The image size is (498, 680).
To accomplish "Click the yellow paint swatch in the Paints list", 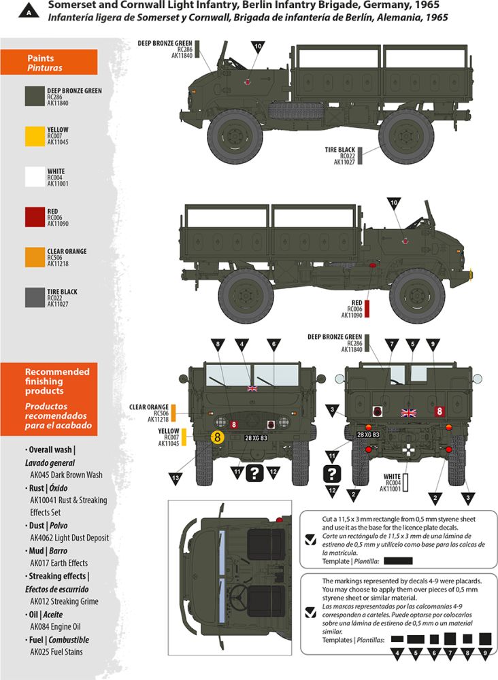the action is [x=35, y=136].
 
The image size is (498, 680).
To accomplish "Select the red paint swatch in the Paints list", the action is [x=35, y=217].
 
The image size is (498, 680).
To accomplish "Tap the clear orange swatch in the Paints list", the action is [x=35, y=257].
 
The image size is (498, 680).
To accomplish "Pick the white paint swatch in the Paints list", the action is [x=35, y=177].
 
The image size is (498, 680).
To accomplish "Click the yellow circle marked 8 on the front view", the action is [x=217, y=437].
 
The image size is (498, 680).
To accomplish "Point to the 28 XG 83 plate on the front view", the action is [x=256, y=438].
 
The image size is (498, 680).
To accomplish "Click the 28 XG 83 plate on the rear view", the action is [x=368, y=435].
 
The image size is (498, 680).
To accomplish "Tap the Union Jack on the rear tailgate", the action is [x=409, y=413].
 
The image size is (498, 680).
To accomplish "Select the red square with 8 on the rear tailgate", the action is [x=439, y=411].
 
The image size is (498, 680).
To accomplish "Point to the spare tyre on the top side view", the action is [x=297, y=111].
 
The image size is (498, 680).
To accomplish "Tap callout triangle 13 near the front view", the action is [x=176, y=479].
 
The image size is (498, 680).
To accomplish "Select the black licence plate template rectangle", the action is [x=398, y=561].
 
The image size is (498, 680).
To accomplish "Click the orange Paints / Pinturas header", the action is [x=48, y=62].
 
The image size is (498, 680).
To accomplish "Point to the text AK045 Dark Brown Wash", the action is [x=67, y=475].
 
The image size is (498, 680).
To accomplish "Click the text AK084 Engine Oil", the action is [x=55, y=627].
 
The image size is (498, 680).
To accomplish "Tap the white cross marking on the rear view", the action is [x=408, y=449].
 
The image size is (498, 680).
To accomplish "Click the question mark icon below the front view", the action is [x=254, y=473].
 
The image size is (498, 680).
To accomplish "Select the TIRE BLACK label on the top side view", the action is [x=340, y=150].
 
